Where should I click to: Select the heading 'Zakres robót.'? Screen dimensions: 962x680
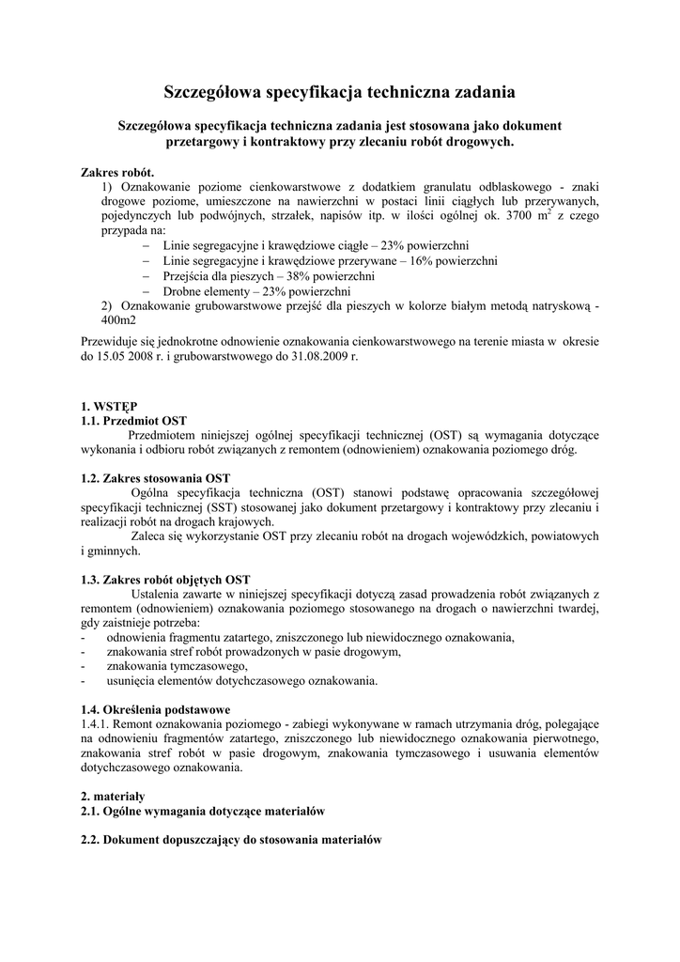[118, 174]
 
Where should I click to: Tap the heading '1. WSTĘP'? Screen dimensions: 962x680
[109, 407]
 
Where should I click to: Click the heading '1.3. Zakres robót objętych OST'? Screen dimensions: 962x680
[166, 579]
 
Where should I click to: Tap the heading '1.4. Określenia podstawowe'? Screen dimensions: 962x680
[155, 709]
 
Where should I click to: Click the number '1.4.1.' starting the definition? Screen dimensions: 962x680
[98, 724]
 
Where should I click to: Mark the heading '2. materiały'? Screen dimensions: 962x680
[112, 796]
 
